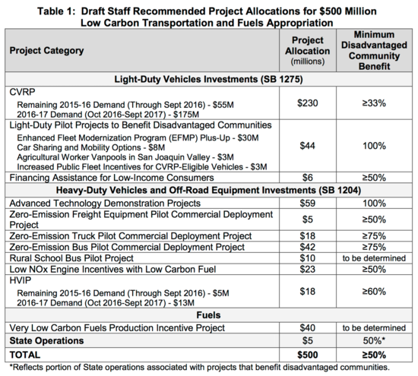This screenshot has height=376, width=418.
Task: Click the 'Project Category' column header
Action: [x=46, y=49]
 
